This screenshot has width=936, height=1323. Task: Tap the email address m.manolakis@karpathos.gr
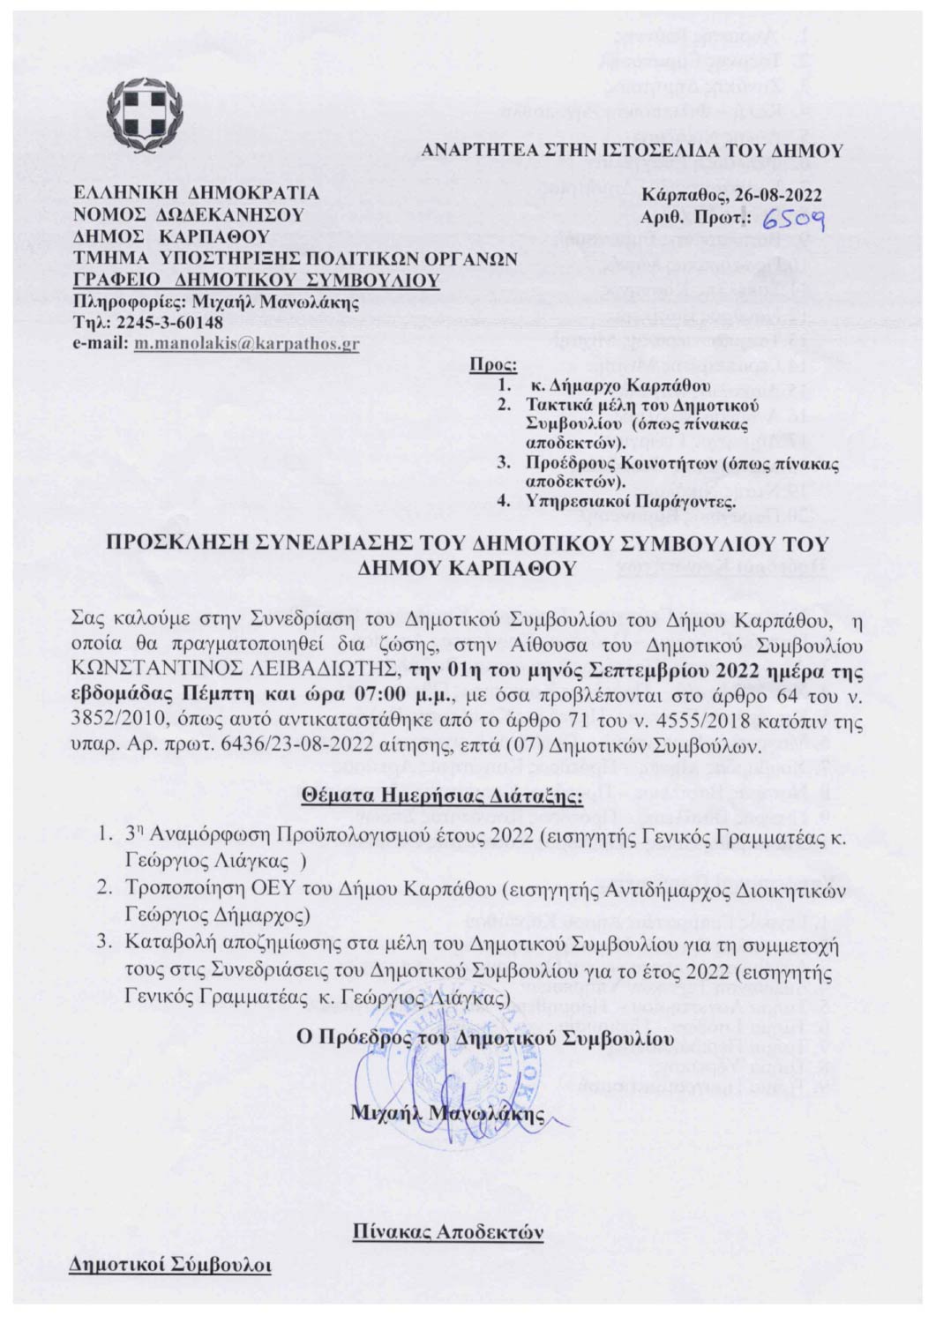(246, 344)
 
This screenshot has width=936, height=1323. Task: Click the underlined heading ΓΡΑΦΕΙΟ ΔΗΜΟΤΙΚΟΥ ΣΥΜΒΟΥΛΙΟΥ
(256, 280)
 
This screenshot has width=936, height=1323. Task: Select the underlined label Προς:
(494, 365)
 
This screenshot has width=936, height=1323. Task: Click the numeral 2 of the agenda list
(104, 891)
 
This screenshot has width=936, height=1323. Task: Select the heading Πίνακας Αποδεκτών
(447, 1230)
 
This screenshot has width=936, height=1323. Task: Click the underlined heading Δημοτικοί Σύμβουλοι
(171, 1266)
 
